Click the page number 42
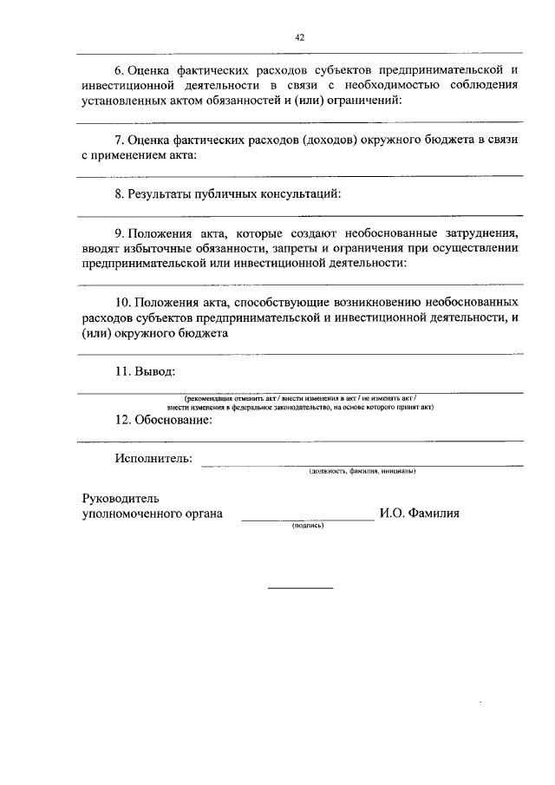pyautogui.click(x=299, y=37)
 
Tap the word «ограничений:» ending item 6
pyautogui.click(x=367, y=101)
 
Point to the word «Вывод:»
pyautogui.click(x=154, y=371)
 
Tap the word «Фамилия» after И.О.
pyautogui.click(x=429, y=514)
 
